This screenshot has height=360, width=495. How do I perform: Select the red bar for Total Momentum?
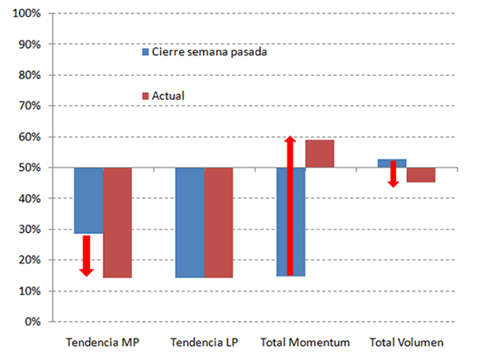(x=319, y=154)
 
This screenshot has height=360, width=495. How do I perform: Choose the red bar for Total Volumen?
(x=421, y=175)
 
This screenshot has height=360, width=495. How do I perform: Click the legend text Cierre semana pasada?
(x=210, y=52)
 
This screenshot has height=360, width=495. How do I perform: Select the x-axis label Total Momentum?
(x=304, y=342)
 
